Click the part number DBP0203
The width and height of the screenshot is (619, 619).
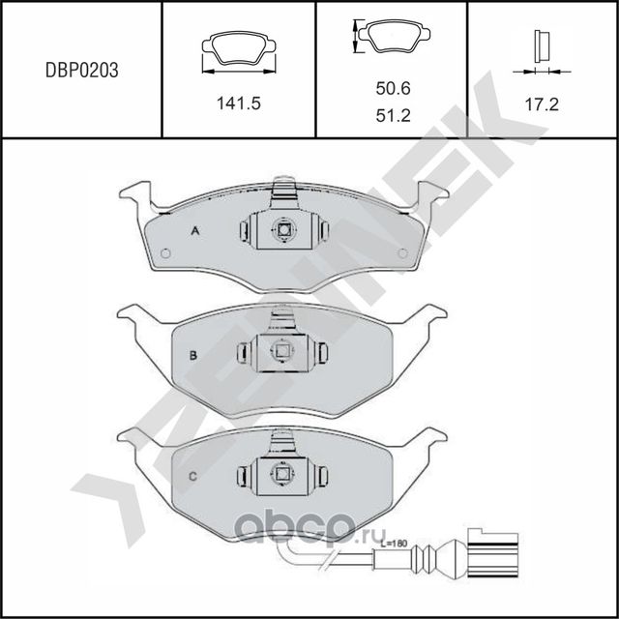click(82, 70)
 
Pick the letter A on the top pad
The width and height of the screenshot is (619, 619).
click(194, 230)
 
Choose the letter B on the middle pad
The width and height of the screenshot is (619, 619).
click(193, 355)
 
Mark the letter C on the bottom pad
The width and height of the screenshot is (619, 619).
click(192, 475)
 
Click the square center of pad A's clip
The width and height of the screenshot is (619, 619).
click(283, 230)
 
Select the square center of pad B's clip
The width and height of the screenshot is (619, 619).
click(281, 352)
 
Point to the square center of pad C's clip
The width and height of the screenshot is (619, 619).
click(281, 474)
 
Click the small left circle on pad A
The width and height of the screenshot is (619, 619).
click(164, 254)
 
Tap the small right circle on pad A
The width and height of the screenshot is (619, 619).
click(401, 253)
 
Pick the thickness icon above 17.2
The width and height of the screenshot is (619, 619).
click(542, 48)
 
